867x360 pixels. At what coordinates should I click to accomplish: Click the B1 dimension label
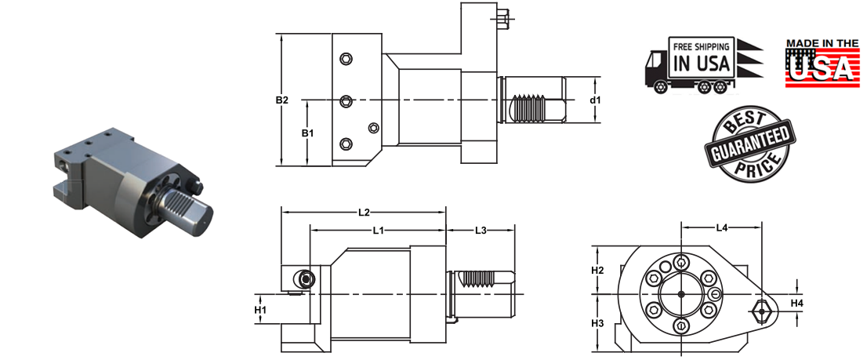[x=308, y=133]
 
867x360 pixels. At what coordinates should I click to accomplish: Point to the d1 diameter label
[x=595, y=100]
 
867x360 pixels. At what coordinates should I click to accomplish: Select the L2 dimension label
[x=364, y=212]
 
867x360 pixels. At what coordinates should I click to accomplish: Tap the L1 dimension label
[x=378, y=231]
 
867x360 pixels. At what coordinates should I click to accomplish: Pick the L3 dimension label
[x=481, y=231]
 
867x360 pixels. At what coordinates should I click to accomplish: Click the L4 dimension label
[x=722, y=227]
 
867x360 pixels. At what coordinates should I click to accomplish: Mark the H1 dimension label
[x=262, y=310]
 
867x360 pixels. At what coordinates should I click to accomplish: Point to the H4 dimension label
[x=796, y=303]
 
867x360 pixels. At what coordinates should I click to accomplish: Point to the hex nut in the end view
[x=760, y=311]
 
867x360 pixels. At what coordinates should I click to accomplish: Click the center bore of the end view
[x=680, y=294]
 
